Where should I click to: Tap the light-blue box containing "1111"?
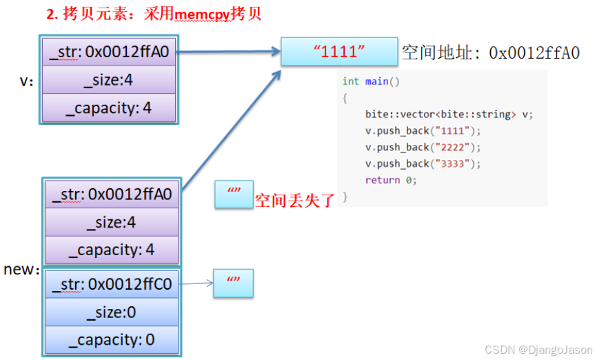click(x=339, y=52)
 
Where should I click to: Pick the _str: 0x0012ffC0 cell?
click(x=112, y=283)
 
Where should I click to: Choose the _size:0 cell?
click(x=112, y=312)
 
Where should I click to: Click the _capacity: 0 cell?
click(x=112, y=339)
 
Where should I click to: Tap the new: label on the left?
click(x=21, y=270)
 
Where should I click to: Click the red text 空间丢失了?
click(x=294, y=201)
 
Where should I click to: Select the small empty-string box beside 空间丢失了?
click(x=233, y=196)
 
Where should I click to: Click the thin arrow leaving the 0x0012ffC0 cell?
click(x=196, y=283)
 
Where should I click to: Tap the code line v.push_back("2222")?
click(x=423, y=147)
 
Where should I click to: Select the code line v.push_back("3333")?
click(x=423, y=163)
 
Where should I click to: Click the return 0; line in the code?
click(x=391, y=180)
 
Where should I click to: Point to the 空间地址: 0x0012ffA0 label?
click(x=490, y=52)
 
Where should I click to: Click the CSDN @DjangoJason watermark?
click(x=538, y=350)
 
